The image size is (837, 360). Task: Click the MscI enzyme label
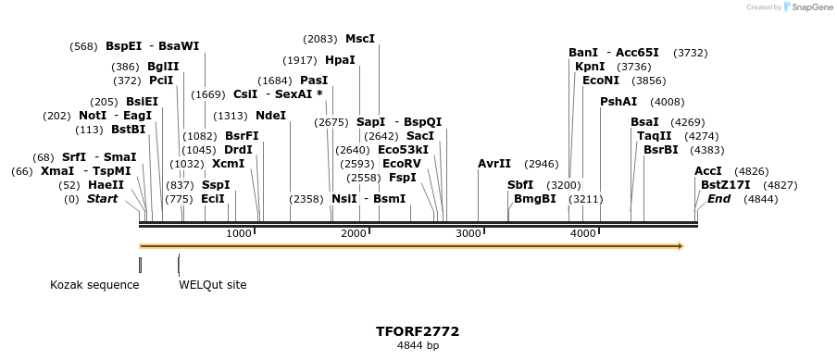click(x=360, y=39)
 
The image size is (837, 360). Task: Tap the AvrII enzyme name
click(x=494, y=164)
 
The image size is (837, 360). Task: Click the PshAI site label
click(x=618, y=102)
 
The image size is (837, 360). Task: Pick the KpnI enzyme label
click(x=590, y=67)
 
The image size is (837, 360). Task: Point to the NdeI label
click(x=270, y=116)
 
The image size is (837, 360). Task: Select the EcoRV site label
click(x=401, y=164)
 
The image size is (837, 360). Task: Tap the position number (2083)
click(x=320, y=39)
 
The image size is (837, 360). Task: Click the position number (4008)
click(x=668, y=102)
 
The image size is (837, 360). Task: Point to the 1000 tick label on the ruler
click(x=239, y=233)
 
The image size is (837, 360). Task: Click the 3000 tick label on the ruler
click(x=468, y=233)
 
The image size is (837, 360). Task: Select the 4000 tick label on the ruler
click(x=582, y=233)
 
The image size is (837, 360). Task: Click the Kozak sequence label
click(x=94, y=285)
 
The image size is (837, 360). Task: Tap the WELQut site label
click(x=213, y=285)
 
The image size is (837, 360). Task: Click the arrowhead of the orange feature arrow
click(x=680, y=246)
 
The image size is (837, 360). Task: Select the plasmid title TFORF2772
click(x=418, y=331)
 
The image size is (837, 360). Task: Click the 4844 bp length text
click(x=418, y=346)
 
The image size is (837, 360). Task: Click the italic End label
click(x=718, y=199)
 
